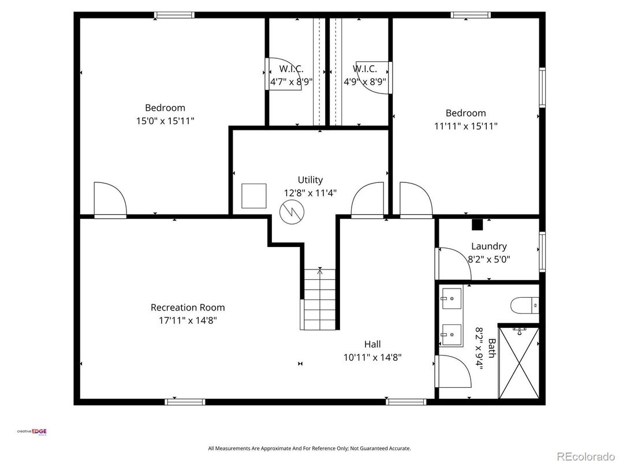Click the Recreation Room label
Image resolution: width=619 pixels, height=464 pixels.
tap(188, 308)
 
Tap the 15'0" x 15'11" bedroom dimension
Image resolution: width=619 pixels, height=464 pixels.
tap(165, 121)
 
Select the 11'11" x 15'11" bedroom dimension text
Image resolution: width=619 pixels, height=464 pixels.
tap(465, 126)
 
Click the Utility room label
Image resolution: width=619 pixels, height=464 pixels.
tap(310, 180)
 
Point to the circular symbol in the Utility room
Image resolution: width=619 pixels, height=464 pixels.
tap(290, 212)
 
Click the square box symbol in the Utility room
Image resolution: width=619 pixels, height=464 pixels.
tap(254, 196)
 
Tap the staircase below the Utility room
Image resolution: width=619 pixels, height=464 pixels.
tap(319, 300)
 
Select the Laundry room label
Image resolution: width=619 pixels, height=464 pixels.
tap(489, 246)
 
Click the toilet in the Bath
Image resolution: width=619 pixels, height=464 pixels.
tap(525, 304)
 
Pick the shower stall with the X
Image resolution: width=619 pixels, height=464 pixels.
tap(519, 362)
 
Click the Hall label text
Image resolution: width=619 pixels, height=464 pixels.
tap(372, 345)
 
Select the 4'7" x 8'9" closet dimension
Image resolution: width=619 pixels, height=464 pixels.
tap(292, 82)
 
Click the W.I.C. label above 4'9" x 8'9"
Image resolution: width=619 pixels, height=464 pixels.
tap(365, 69)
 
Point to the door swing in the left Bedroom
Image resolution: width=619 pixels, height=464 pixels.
tap(109, 199)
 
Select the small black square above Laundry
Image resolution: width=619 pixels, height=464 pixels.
tap(477, 224)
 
